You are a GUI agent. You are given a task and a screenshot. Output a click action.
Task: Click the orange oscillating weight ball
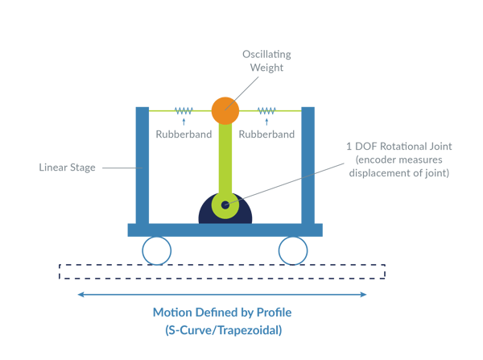[225, 110]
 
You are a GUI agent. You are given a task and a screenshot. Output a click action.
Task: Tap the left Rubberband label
[184, 134]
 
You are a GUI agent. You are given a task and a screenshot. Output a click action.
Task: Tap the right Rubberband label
[266, 134]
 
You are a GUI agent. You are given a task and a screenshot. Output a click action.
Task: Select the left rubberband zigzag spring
[184, 110]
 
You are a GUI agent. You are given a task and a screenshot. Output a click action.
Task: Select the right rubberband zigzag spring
[266, 110]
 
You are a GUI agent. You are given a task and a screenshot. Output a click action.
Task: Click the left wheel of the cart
[156, 250]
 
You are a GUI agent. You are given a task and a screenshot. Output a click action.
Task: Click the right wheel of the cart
[293, 250]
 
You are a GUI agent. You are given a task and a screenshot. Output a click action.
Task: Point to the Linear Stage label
[67, 168]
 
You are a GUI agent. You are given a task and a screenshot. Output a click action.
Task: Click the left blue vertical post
[142, 166]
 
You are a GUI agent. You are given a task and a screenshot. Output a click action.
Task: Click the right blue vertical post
[308, 166]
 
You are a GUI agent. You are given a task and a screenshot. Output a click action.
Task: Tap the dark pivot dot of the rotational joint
[225, 205]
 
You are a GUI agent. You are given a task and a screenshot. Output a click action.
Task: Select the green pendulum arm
[225, 160]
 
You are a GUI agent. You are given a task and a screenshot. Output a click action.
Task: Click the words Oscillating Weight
[266, 60]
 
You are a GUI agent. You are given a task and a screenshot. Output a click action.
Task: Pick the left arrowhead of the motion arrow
[80, 295]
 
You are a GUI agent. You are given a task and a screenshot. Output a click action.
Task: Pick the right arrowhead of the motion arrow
[363, 295]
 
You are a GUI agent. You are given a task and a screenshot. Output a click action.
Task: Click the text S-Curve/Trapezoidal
[223, 330]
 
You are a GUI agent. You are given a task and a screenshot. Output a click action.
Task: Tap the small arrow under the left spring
[184, 122]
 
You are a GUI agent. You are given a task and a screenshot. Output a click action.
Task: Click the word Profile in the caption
[275, 312]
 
